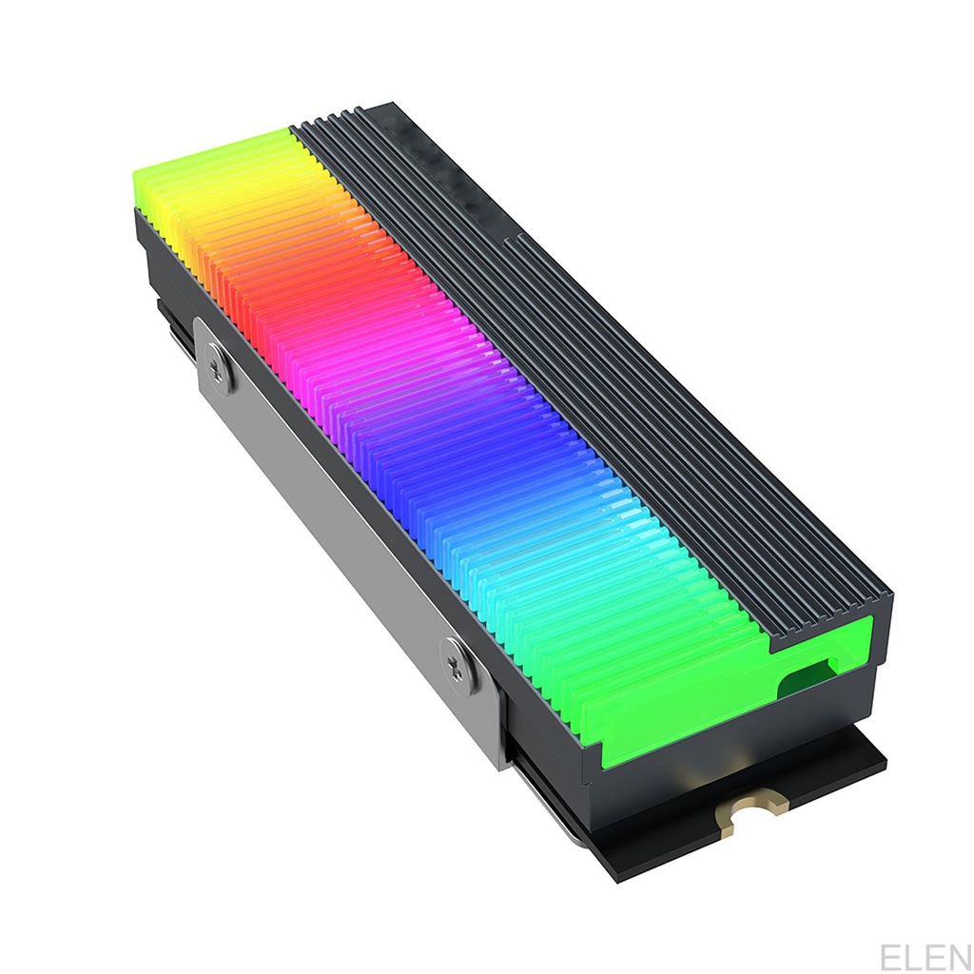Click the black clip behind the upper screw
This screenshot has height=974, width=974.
[x=176, y=328]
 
